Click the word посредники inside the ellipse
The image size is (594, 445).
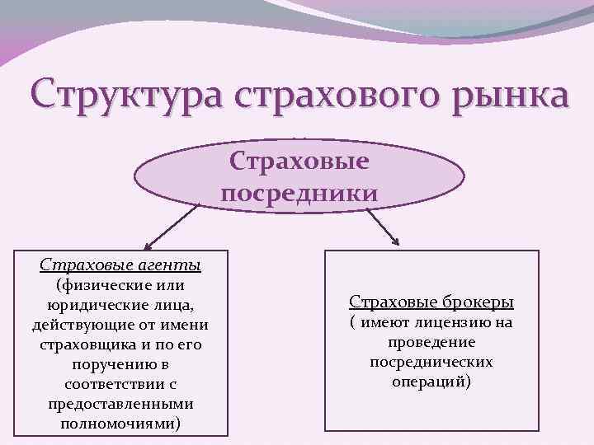[299, 193]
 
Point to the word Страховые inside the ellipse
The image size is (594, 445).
[299, 160]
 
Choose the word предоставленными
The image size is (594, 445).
[122, 404]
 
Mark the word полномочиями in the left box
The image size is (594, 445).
[118, 424]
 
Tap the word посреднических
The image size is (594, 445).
[431, 362]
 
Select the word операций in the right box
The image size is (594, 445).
[428, 382]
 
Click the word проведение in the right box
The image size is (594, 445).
[431, 342]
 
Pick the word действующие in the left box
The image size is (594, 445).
[85, 325]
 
